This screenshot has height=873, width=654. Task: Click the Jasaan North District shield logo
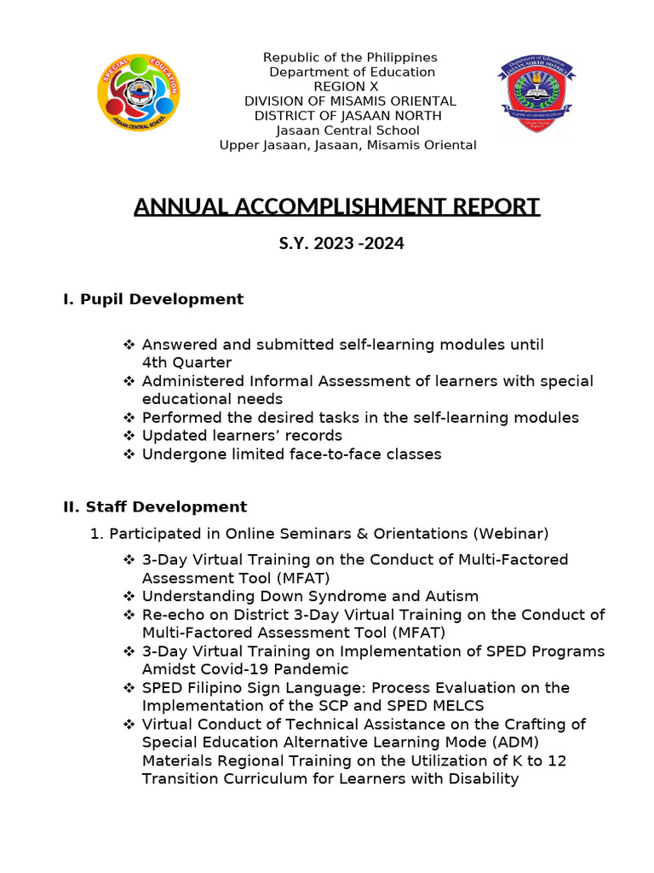coord(536,97)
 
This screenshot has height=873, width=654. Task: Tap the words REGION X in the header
coord(347,87)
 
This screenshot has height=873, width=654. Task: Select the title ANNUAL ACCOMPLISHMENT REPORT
coord(336,207)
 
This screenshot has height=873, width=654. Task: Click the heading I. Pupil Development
coord(153,299)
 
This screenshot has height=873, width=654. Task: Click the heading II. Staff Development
coord(155,507)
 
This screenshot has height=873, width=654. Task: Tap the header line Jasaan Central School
coord(347,130)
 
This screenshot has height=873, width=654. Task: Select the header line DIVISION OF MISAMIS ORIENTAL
coord(350,101)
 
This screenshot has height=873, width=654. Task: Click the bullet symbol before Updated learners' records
coord(129,436)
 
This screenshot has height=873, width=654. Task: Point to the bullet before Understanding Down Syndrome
coord(129,597)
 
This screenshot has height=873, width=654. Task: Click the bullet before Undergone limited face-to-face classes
coord(129,454)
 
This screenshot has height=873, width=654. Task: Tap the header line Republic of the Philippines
coord(350,58)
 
